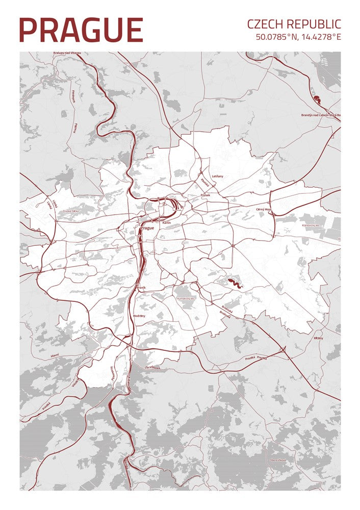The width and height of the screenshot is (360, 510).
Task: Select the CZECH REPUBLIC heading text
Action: coord(294,24)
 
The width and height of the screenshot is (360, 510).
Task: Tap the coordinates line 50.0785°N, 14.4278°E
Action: coord(298,37)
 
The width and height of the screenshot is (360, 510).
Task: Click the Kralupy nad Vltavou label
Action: coord(67,54)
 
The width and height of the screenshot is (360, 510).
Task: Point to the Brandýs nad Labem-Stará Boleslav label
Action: coord(319,115)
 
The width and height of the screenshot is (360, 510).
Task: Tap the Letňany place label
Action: coord(217,176)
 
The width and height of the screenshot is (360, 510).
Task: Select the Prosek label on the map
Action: coord(205,195)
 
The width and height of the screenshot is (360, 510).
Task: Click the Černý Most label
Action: coord(264,209)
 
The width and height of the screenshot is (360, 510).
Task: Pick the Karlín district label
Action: coord(166,223)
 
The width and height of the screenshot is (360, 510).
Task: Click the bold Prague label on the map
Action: coord(147,228)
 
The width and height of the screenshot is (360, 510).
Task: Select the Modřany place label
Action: coord(139,316)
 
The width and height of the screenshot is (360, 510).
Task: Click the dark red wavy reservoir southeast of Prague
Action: coord(235,283)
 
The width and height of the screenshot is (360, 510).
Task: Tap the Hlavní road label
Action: coord(55,354)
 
